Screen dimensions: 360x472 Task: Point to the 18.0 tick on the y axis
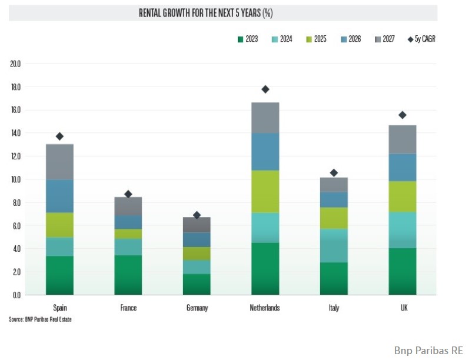(x=15, y=87)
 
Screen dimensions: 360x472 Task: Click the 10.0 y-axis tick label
(x=15, y=179)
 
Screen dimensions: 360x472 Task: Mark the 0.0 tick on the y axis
(x=16, y=295)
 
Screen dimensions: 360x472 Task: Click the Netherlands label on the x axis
(x=265, y=308)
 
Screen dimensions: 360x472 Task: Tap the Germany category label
(x=197, y=308)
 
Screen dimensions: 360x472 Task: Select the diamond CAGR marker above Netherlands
(x=265, y=89)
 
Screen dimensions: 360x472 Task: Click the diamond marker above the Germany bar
(x=197, y=215)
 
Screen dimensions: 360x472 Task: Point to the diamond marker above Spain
(x=59, y=136)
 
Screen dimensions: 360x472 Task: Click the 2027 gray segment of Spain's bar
(x=59, y=162)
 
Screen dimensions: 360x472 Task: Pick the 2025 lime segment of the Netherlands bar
(x=265, y=192)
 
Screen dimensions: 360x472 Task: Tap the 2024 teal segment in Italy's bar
(x=334, y=245)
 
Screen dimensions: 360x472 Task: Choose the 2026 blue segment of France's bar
(x=128, y=222)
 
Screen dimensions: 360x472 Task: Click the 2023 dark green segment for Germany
(x=197, y=284)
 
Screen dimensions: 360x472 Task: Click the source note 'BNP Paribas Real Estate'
(x=42, y=319)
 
